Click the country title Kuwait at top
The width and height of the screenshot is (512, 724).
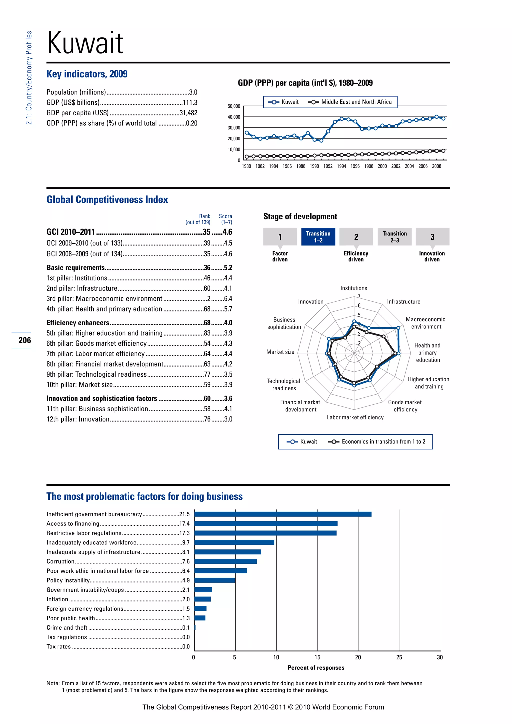(x=85, y=43)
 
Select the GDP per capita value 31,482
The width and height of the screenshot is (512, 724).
(x=188, y=113)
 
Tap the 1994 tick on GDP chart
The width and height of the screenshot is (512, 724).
(x=341, y=166)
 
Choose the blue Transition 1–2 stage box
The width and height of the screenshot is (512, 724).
(x=318, y=236)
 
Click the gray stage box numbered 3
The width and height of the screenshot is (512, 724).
(x=432, y=236)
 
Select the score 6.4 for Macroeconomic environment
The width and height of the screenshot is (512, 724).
(x=228, y=298)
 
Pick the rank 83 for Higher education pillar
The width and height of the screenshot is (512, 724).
(x=207, y=333)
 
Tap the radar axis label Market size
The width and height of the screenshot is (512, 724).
(x=280, y=352)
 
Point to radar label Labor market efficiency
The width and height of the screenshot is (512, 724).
(x=355, y=417)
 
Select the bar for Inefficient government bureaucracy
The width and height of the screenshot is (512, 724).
(x=283, y=514)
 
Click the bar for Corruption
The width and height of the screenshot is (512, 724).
(x=225, y=561)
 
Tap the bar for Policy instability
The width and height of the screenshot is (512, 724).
(x=214, y=580)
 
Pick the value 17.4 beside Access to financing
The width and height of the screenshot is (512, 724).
(x=184, y=523)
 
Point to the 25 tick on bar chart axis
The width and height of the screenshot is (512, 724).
(x=399, y=657)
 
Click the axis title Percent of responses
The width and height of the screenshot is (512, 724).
(x=316, y=667)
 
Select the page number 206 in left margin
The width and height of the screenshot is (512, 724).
(x=24, y=340)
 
